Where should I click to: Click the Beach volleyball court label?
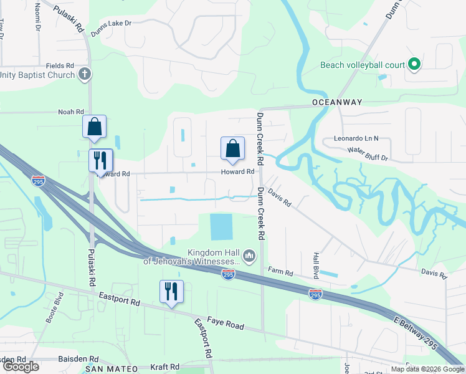pyautogui.click(x=361, y=65)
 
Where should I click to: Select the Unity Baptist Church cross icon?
pyautogui.click(x=85, y=75)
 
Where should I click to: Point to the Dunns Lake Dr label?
pyautogui.click(x=112, y=24)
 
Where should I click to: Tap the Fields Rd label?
pyautogui.click(x=60, y=65)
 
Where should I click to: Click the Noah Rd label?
pyautogui.click(x=70, y=112)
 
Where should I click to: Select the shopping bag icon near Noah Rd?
pyautogui.click(x=94, y=127)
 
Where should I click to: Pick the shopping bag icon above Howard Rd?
pyautogui.click(x=232, y=148)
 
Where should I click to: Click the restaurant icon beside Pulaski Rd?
pyautogui.click(x=100, y=161)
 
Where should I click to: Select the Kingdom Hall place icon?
pyautogui.click(x=249, y=255)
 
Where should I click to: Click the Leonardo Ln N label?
pyautogui.click(x=356, y=138)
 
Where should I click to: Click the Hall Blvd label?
pyautogui.click(x=316, y=265)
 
